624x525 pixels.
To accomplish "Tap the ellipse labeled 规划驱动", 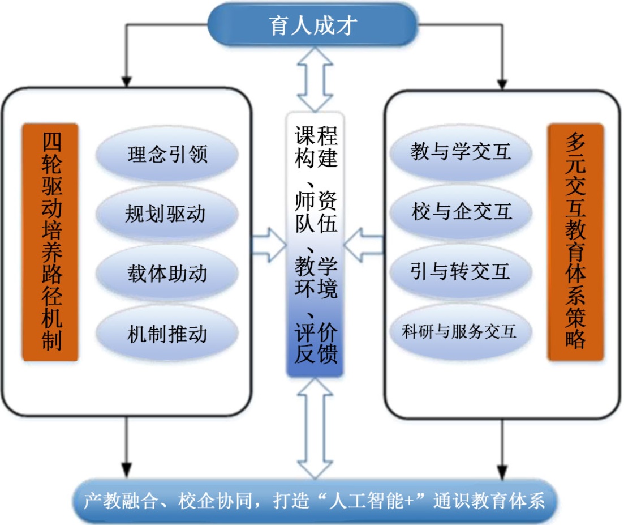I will (167, 214).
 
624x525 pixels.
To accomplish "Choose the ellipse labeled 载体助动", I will (167, 274).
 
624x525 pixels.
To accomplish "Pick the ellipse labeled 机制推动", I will (167, 334).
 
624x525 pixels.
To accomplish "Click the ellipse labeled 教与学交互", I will (461, 152).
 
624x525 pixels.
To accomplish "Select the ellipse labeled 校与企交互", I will (461, 212).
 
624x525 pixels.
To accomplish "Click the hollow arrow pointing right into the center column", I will (269, 244).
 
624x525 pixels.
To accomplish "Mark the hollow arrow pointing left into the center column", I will (364, 244).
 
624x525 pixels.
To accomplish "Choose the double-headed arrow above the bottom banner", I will (315, 428).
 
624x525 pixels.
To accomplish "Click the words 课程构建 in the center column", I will (316, 147).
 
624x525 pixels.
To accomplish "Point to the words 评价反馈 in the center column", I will (316, 342).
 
